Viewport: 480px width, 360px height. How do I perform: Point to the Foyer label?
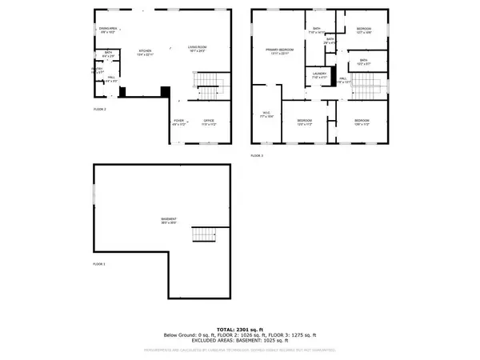coord(179,123)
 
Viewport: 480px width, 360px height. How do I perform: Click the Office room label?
coord(209,123)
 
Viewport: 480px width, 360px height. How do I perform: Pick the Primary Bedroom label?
coord(281,51)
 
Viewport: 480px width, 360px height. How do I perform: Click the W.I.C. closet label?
coord(268,115)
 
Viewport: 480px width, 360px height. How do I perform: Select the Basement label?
coord(167,221)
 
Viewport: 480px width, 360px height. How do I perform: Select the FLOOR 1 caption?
coord(100,263)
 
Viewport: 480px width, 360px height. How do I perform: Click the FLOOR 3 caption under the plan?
coord(257,154)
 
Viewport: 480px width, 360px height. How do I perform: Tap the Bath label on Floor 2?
coord(107,54)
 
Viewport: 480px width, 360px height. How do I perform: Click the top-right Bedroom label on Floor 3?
coord(364,30)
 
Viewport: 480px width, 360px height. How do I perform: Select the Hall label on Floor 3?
coord(343,80)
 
